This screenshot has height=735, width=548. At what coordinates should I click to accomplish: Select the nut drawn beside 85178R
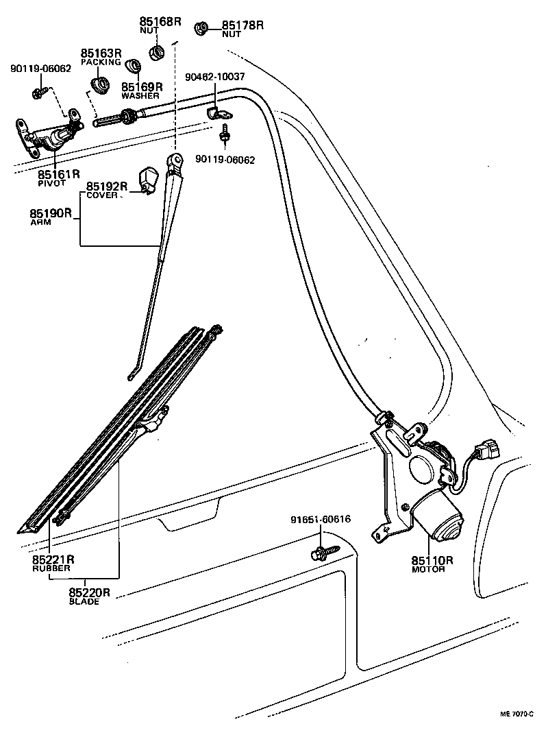202,28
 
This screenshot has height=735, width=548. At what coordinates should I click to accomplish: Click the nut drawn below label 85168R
157,52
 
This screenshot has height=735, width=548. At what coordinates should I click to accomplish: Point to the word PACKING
101,62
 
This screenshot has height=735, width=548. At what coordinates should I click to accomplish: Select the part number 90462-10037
214,77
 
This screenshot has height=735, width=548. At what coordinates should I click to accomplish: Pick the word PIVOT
51,184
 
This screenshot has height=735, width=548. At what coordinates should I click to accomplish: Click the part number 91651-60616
319,519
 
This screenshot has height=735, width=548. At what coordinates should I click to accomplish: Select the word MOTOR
428,569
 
